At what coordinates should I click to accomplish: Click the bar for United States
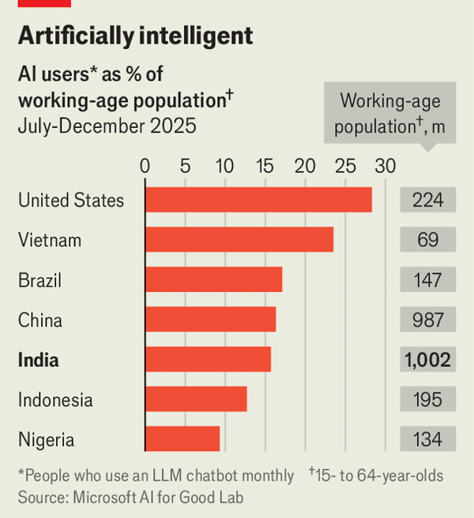coord(258,200)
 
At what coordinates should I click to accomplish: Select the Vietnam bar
coord(239,240)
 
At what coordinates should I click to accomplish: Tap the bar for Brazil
coord(213,280)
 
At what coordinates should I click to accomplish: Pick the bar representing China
coord(210,320)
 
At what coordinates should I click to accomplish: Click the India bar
coord(208,359)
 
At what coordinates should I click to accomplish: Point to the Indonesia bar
coord(196,400)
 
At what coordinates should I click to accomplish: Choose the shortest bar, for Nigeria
coord(182,439)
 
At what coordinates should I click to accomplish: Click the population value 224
coord(427,200)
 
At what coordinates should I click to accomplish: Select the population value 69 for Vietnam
coord(427,240)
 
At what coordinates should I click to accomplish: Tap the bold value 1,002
coord(427,360)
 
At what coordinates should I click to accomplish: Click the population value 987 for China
coord(427,320)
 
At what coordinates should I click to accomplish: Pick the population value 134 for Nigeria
coord(427,439)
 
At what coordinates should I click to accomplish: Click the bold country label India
coord(39,360)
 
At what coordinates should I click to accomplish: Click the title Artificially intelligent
coord(135,36)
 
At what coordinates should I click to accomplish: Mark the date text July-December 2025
coord(107,126)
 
